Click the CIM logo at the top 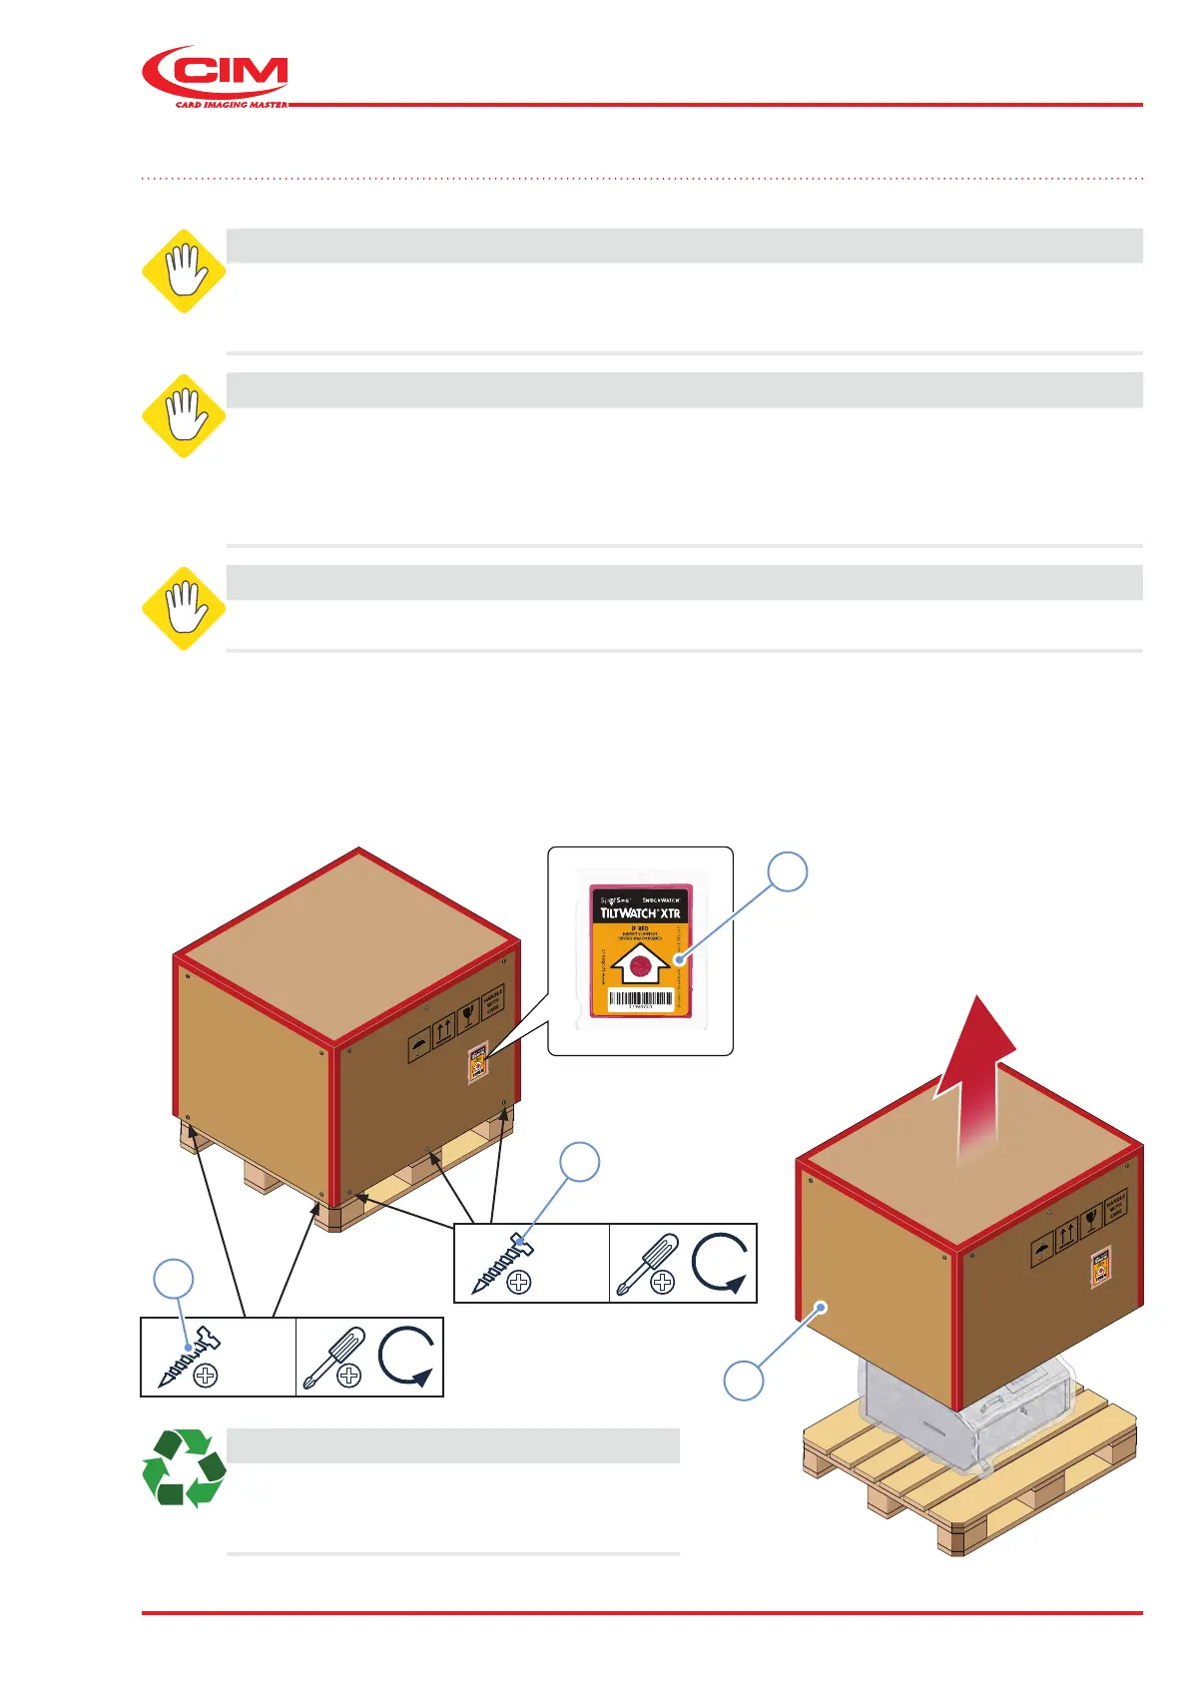click(x=216, y=76)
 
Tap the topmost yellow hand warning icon click(x=184, y=272)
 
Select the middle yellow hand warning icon click(x=184, y=415)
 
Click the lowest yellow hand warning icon click(x=184, y=608)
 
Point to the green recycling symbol click(x=184, y=1466)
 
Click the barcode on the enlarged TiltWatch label click(x=640, y=998)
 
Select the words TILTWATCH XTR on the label click(x=640, y=913)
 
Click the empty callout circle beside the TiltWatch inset click(x=787, y=871)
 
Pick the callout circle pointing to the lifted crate click(x=744, y=1381)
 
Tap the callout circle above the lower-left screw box click(x=173, y=1280)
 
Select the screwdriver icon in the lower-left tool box click(x=333, y=1357)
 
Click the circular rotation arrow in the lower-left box click(x=407, y=1357)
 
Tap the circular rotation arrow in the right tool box click(x=721, y=1263)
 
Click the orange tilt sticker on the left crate click(x=478, y=1064)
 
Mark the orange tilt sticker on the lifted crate click(x=1100, y=1268)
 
